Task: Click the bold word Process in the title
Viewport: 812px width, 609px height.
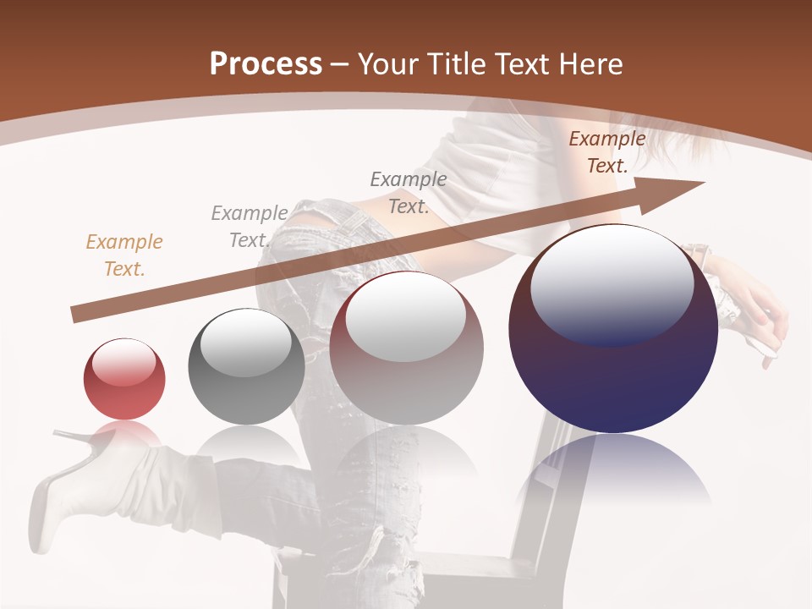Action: point(266,64)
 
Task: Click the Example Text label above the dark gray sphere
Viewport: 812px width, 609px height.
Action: point(249,227)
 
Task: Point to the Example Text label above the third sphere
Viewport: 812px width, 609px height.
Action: point(409,193)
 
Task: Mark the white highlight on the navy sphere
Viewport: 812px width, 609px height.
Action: point(612,279)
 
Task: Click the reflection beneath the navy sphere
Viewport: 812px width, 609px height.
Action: point(613,474)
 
